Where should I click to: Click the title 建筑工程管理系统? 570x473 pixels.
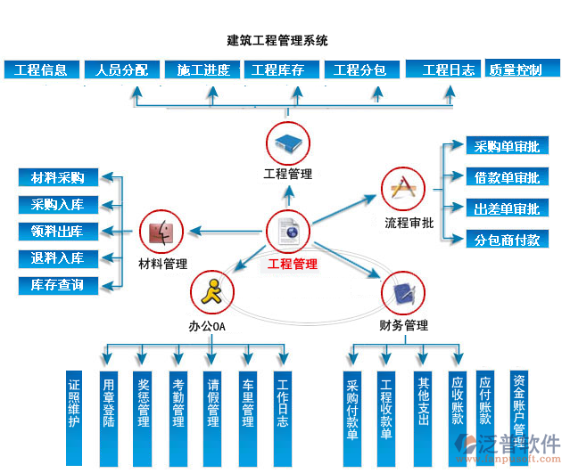click(277, 40)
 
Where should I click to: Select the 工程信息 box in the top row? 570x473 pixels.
click(41, 69)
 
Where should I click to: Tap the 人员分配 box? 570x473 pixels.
click(121, 69)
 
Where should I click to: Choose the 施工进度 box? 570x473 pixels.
click(203, 69)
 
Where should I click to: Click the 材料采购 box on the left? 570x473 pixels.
click(57, 177)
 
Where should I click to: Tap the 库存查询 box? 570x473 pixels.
click(57, 285)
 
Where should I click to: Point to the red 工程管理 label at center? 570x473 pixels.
click(292, 264)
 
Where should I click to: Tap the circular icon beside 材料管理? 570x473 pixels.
click(162, 233)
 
